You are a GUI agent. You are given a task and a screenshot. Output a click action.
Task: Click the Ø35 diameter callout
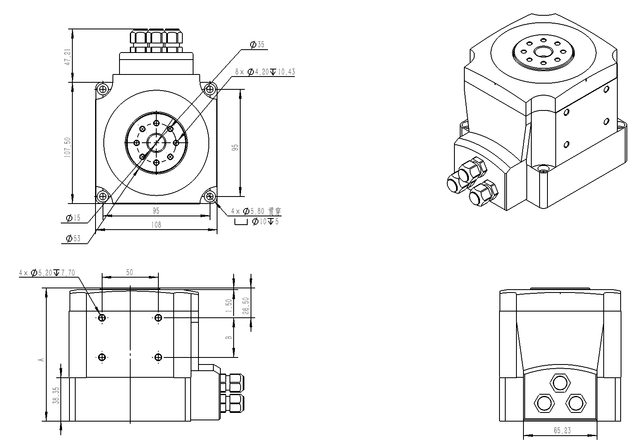[257, 44]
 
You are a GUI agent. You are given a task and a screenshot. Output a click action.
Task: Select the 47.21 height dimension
[68, 57]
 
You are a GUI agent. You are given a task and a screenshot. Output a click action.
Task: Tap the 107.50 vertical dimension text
[67, 147]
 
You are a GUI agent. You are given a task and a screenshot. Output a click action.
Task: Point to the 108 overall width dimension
[156, 225]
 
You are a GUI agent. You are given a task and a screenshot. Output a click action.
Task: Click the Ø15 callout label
[73, 218]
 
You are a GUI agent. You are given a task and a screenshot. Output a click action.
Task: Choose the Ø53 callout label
[73, 239]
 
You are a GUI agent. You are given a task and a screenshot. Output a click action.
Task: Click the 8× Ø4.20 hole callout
[265, 72]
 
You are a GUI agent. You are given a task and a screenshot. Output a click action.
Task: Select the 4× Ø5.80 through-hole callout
[256, 211]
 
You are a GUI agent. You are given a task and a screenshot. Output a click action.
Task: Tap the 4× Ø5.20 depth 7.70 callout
[47, 273]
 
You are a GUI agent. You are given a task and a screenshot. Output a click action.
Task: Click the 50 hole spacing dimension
[129, 273]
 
